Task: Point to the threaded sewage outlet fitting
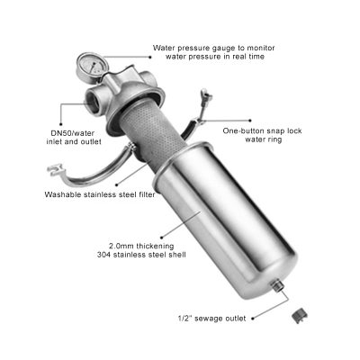[277, 286]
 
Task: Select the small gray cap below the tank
[298, 316]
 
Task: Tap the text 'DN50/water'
[72, 133]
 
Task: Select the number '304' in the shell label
[104, 255]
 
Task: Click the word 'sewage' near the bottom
[207, 319]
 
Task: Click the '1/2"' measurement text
[184, 318]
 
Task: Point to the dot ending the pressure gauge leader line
[150, 57]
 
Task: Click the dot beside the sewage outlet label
[253, 319]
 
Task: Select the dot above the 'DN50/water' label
[61, 123]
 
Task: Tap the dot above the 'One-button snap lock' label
[250, 121]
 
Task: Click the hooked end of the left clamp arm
[55, 169]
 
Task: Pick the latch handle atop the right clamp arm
[206, 96]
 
